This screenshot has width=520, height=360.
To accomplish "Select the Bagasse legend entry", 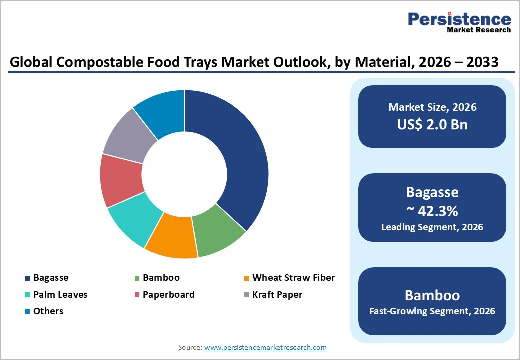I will click(x=51, y=278).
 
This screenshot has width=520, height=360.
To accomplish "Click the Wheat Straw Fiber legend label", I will click(x=293, y=278).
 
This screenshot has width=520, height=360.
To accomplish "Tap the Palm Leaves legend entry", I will click(x=60, y=295).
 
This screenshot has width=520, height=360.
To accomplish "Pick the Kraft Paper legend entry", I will click(x=277, y=295).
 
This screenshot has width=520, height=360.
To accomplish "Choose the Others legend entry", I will click(x=48, y=311).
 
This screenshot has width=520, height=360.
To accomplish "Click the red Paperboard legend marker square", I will click(x=137, y=295).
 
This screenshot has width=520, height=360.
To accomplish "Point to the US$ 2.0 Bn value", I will click(x=432, y=124).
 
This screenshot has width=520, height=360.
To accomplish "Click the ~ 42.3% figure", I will click(x=432, y=211).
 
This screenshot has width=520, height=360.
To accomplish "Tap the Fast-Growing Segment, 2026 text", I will click(x=432, y=311).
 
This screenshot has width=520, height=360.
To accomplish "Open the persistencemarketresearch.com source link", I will click(x=265, y=347).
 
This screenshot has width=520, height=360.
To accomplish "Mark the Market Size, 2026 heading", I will click(x=432, y=107).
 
